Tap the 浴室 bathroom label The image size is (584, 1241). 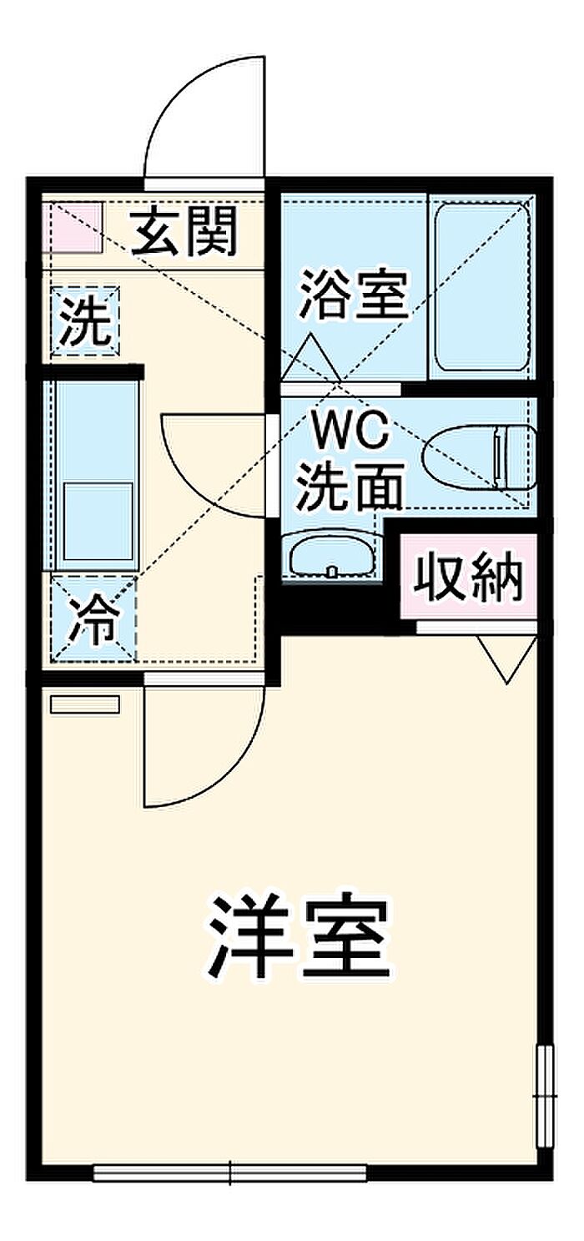click(355, 293)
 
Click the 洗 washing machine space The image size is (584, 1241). click(86, 321)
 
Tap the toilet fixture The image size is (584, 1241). click(480, 458)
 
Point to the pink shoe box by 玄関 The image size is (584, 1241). click(73, 225)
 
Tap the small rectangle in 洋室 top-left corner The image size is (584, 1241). click(85, 704)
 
